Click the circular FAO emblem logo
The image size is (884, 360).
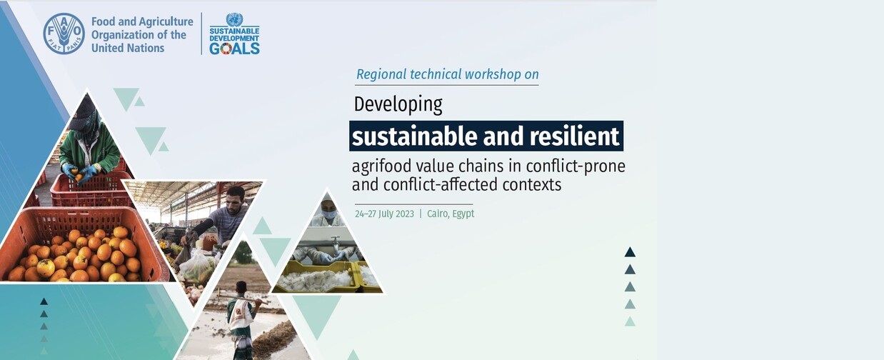tap(64, 34)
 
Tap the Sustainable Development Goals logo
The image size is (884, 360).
tap(234, 34)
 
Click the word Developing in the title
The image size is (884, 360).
tap(398, 105)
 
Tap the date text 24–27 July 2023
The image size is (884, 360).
tap(384, 214)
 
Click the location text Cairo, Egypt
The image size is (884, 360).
tap(451, 214)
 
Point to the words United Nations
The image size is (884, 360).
tap(128, 48)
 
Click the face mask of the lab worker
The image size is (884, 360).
tap(328, 214)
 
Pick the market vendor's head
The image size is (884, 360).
tap(236, 197)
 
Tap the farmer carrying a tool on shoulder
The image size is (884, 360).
tap(241, 320)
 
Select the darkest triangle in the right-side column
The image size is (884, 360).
tap(630, 252)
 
